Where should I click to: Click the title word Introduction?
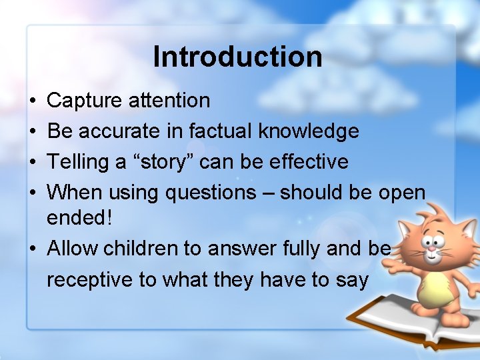237,57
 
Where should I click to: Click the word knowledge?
310,131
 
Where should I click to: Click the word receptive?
90,280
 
